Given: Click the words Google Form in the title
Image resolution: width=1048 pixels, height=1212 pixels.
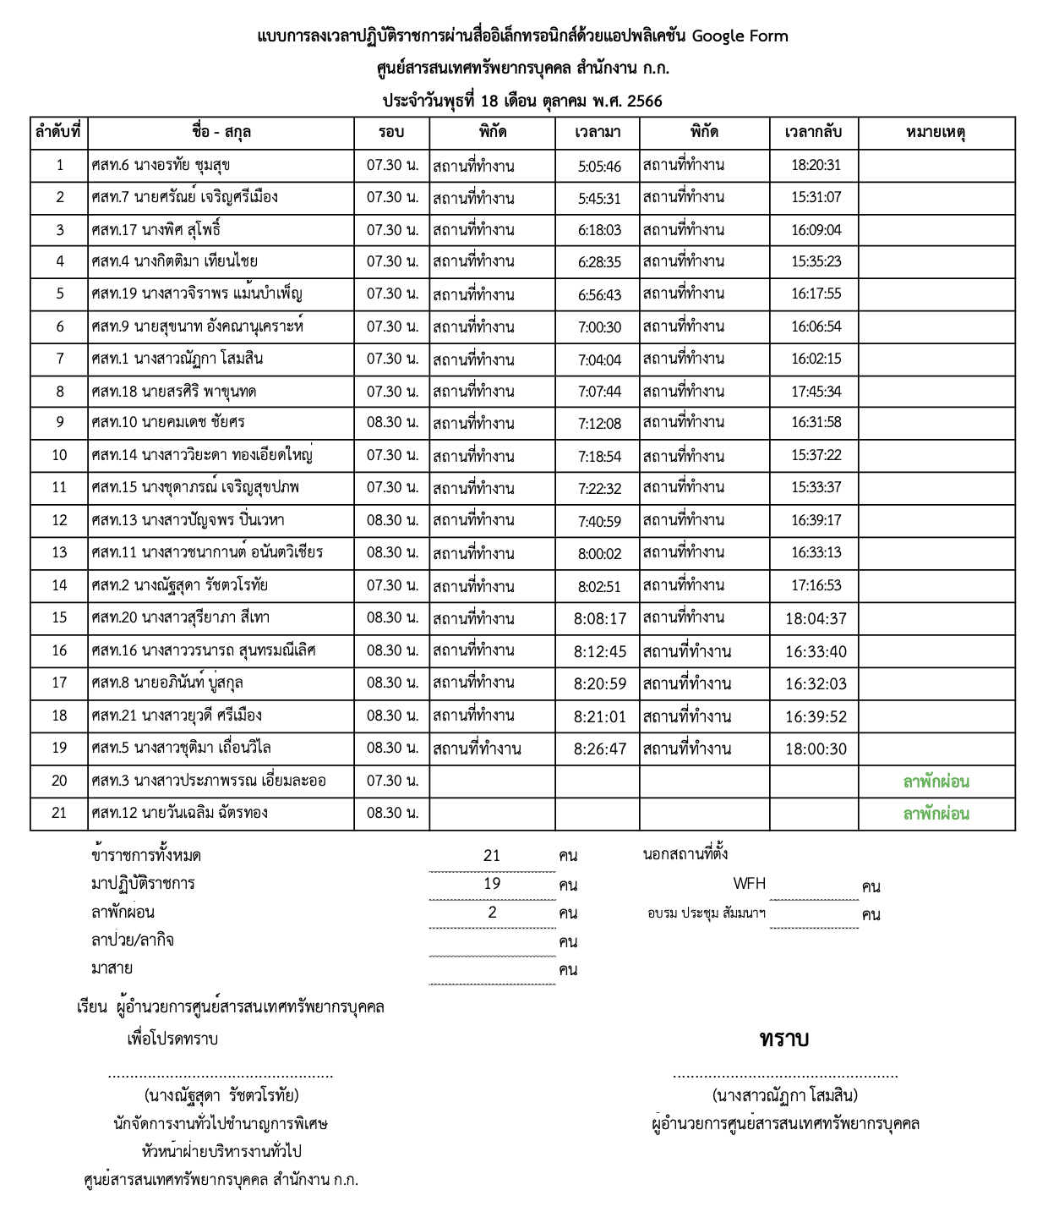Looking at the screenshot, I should click(x=740, y=36).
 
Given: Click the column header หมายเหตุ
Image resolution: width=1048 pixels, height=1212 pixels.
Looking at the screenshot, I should click(x=936, y=133).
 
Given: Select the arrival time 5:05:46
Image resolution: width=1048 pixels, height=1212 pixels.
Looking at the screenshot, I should click(x=599, y=167).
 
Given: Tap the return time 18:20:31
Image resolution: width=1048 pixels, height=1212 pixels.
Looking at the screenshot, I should click(x=816, y=166).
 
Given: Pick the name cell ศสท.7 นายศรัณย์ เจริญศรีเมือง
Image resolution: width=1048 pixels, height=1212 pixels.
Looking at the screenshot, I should click(x=184, y=198).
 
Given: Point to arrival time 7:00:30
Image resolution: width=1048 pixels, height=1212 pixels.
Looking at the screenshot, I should click(x=599, y=327).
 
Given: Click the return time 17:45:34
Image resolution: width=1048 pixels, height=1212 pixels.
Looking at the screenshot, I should click(x=816, y=392).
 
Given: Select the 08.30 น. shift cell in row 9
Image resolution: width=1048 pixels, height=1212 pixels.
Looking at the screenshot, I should click(x=392, y=422).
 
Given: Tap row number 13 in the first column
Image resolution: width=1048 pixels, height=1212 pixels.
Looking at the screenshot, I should click(x=59, y=553).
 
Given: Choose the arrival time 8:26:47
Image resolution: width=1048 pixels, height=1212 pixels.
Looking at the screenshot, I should click(x=600, y=749).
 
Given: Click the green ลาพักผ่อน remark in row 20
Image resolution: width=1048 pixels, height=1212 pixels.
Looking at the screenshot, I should click(x=936, y=782).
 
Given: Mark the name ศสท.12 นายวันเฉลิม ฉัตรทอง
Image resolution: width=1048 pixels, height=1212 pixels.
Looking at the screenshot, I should click(x=179, y=814).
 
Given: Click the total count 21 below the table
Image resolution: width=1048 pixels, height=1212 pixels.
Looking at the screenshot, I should click(x=492, y=856).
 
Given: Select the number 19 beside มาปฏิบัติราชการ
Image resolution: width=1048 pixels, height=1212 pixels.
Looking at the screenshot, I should click(x=492, y=884).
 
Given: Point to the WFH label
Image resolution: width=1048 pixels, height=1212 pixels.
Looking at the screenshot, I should click(x=749, y=884).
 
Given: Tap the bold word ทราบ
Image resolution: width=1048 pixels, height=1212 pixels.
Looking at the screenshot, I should click(x=783, y=1039).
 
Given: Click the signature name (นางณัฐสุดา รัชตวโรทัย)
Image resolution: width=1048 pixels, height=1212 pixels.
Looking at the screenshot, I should click(x=221, y=1096).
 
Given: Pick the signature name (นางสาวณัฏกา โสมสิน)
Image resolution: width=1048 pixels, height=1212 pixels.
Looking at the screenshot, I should click(x=785, y=1096).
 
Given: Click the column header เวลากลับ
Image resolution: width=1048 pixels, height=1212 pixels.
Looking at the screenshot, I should click(x=813, y=133).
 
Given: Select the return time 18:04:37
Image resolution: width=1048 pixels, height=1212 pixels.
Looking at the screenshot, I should click(x=816, y=619).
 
